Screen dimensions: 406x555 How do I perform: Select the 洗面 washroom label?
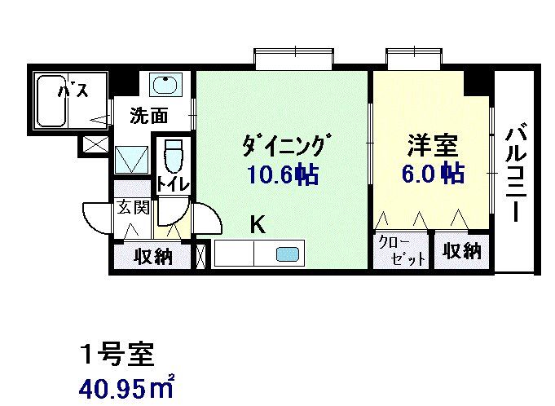click(x=149, y=116)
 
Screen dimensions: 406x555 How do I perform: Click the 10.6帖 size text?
click(x=283, y=174)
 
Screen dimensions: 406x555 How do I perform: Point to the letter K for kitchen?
click(x=257, y=224)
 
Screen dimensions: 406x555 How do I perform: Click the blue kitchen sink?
click(x=287, y=254)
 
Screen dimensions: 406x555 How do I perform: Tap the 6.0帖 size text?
click(x=432, y=174)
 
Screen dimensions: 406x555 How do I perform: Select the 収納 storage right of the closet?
click(x=462, y=250)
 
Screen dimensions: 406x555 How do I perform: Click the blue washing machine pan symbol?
click(x=130, y=158)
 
